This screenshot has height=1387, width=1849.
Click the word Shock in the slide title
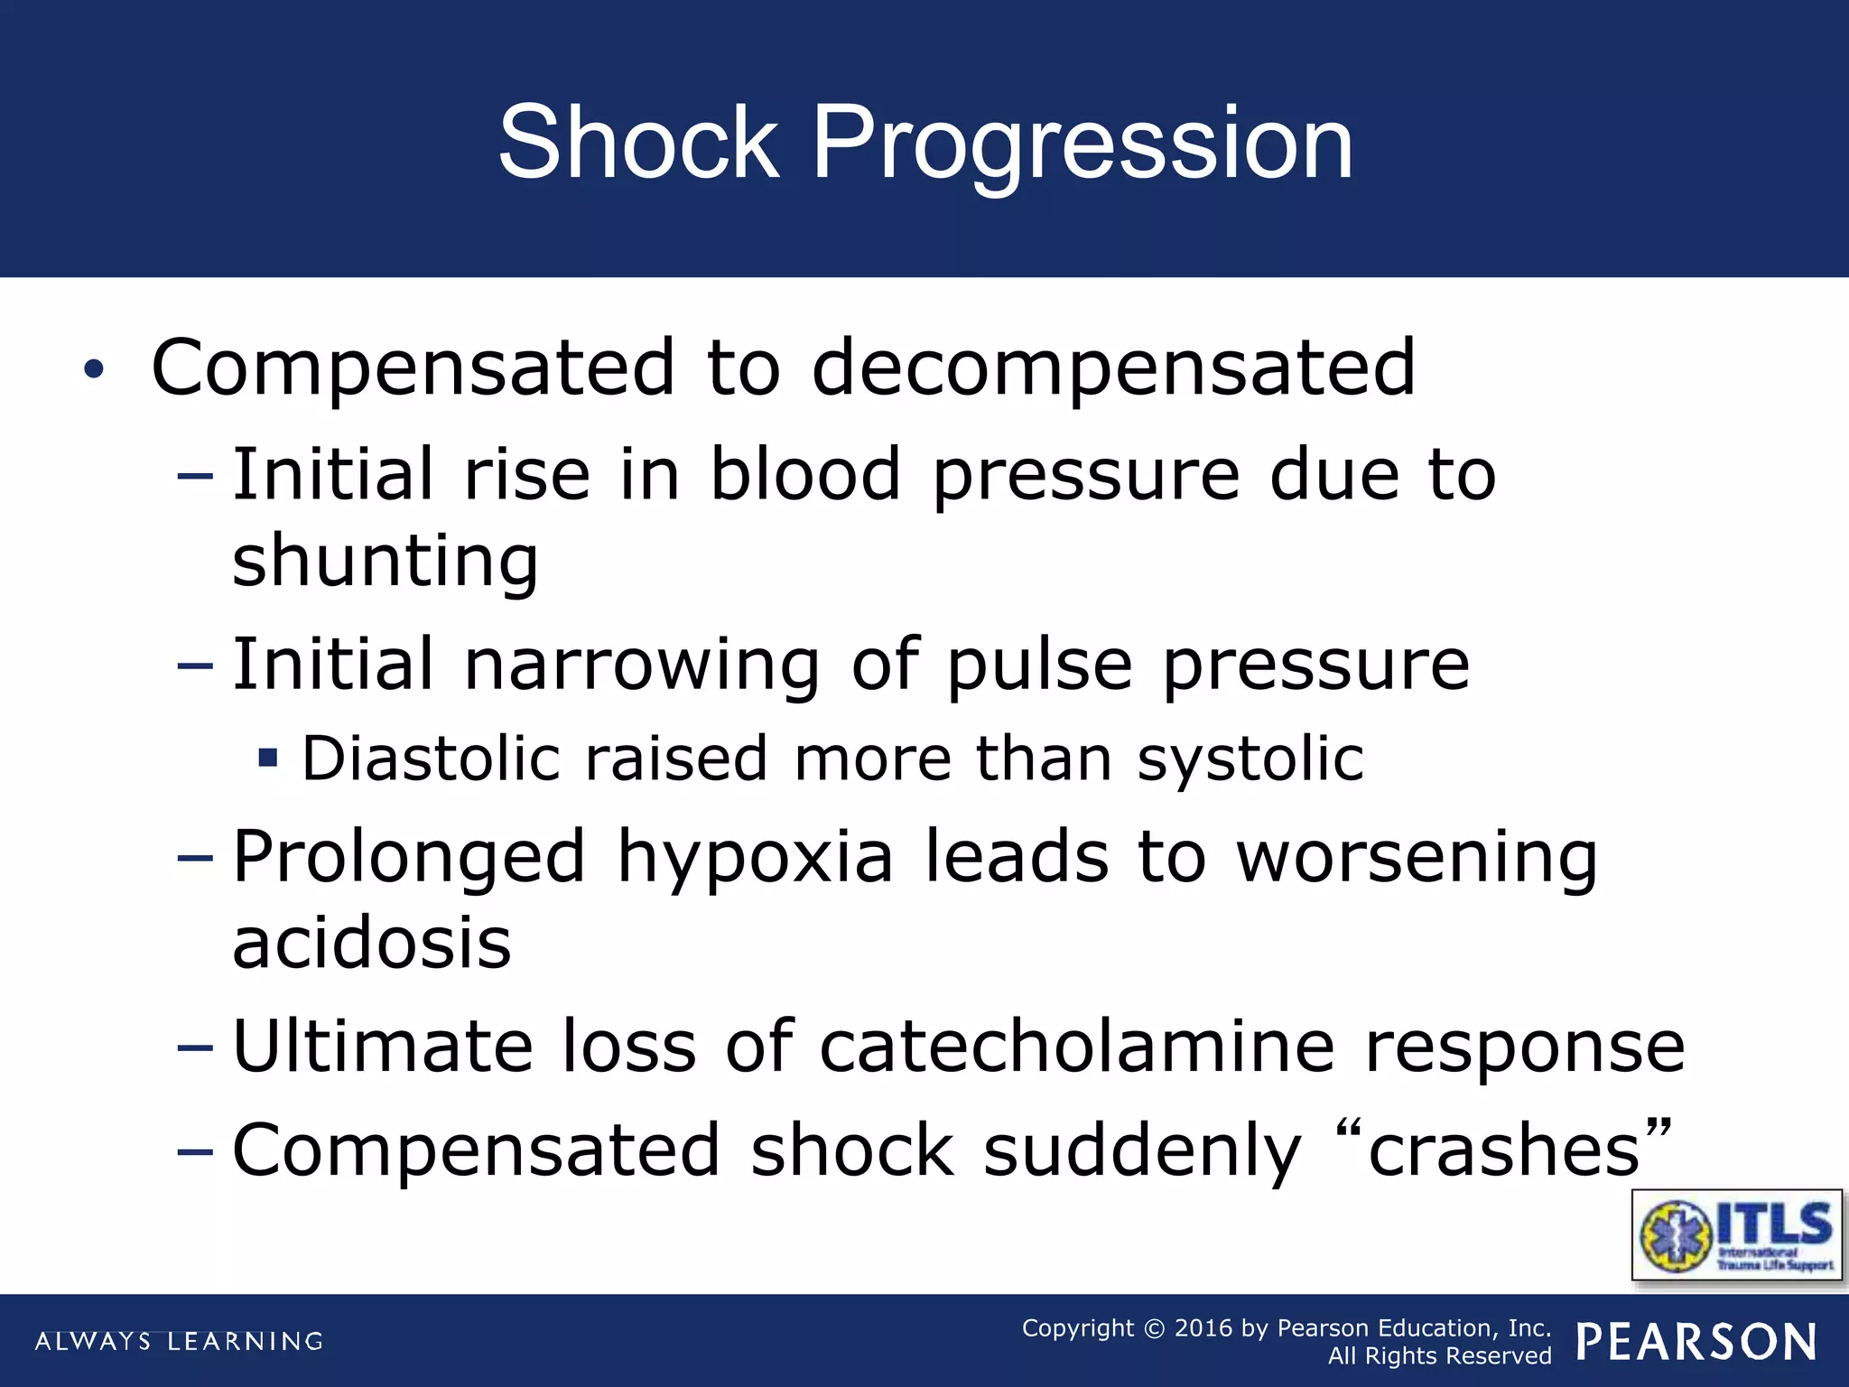click(637, 143)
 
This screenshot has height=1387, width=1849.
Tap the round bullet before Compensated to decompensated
click(94, 369)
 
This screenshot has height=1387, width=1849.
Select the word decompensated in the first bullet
click(1113, 368)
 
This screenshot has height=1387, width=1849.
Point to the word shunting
click(386, 561)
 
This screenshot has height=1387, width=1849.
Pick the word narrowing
click(642, 665)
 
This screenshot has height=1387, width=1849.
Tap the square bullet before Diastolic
click(267, 757)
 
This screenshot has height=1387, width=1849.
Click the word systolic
click(1250, 759)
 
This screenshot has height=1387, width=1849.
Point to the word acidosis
click(372, 943)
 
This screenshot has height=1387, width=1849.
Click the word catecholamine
click(1077, 1047)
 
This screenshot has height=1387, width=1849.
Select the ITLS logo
click(1737, 1235)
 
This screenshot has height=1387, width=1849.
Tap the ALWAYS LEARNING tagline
click(179, 1342)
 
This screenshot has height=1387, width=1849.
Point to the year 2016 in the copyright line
click(1203, 1328)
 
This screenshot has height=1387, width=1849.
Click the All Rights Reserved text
click(1439, 1356)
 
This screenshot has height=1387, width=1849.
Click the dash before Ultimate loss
click(196, 1048)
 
